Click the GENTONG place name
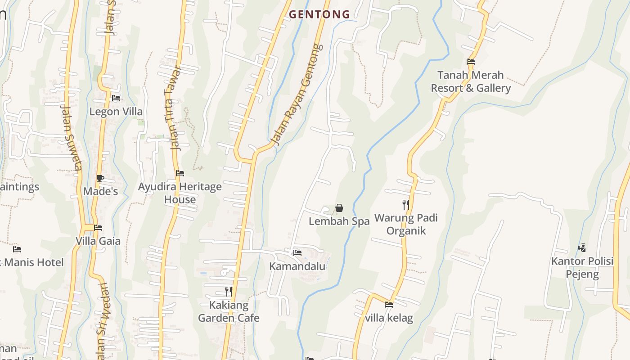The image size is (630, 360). [319, 14]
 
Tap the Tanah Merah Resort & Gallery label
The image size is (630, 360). [471, 81]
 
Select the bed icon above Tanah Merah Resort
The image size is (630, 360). [471, 62]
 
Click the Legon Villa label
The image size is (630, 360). [116, 112]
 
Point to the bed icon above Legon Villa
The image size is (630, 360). [116, 98]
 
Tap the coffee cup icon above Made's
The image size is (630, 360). [100, 178]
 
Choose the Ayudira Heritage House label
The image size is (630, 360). [180, 193]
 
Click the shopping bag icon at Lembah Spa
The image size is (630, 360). [339, 208]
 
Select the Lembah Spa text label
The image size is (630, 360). [339, 221]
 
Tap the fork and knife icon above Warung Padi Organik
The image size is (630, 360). [406, 205]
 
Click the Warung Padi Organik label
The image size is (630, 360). [406, 224]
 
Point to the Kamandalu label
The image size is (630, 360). [297, 266]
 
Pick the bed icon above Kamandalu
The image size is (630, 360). [297, 253]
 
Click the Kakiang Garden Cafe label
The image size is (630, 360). [229, 311]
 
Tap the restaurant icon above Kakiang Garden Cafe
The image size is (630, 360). [229, 292]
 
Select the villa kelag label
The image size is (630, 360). [389, 318]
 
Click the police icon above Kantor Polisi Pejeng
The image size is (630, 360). [582, 247]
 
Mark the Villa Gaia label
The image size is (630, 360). [98, 241]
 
